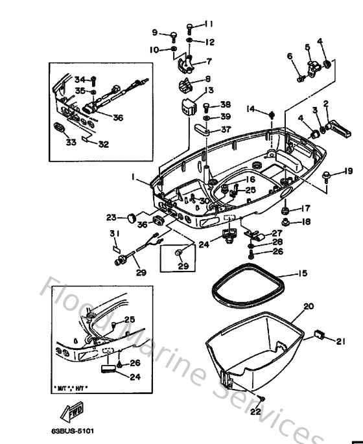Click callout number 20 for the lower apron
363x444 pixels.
308,305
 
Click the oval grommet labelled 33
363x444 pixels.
57,126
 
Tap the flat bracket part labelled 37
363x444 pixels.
201,128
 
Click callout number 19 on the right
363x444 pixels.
348,170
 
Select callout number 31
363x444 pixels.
114,234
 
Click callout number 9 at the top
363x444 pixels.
155,32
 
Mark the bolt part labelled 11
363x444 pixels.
189,27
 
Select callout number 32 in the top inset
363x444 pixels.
102,144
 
